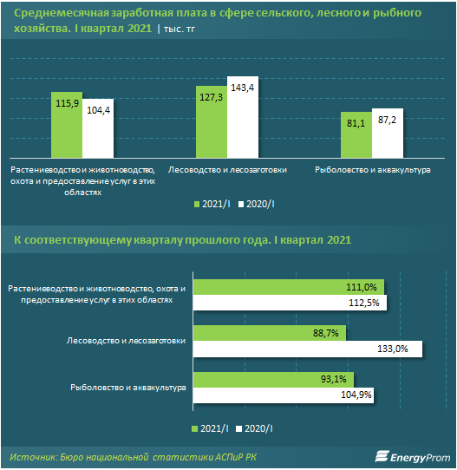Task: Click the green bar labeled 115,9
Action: pyautogui.click(x=67, y=125)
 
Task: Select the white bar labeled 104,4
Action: pyautogui.click(x=98, y=128)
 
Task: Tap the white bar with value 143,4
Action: pyautogui.click(x=243, y=117)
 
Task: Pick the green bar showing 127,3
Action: pyautogui.click(x=212, y=121)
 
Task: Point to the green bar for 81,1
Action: pyautogui.click(x=356, y=135)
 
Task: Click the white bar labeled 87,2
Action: pyautogui.click(x=388, y=133)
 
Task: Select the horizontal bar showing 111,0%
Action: pyautogui.click(x=289, y=287)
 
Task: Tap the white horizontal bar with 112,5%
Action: pyautogui.click(x=290, y=303)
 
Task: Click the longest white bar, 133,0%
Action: pyautogui.click(x=308, y=349)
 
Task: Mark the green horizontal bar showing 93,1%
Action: pyautogui.click(x=273, y=380)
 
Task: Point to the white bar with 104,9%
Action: pyautogui.click(x=284, y=395)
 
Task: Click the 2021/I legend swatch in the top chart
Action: pyautogui.click(x=197, y=205)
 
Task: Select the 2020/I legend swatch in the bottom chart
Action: pyautogui.click(x=238, y=429)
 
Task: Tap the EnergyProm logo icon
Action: pyautogui.click(x=382, y=456)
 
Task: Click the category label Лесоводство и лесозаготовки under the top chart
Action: pyautogui.click(x=227, y=170)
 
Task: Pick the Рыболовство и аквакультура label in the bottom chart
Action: pyautogui.click(x=128, y=388)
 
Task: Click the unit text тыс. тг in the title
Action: pyautogui.click(x=180, y=29)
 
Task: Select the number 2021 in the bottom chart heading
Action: pyautogui.click(x=339, y=240)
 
